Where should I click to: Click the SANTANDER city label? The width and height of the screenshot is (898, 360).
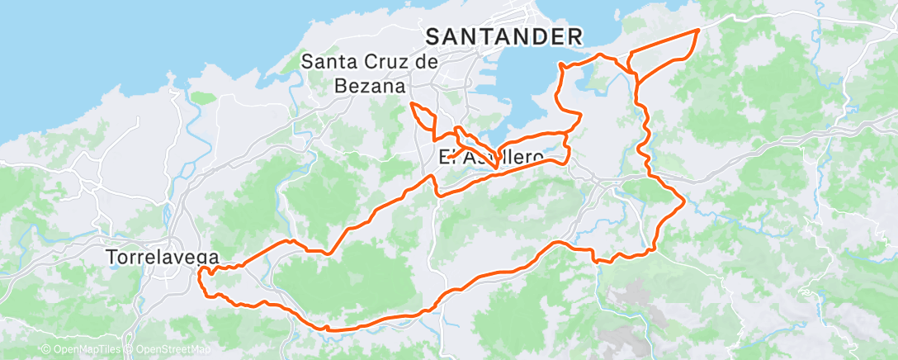tap(504, 36)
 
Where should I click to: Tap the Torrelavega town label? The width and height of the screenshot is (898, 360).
tap(162, 258)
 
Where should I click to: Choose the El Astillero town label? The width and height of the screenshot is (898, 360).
tap(491, 157)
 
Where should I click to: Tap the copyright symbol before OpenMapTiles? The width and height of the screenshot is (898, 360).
tap(46, 350)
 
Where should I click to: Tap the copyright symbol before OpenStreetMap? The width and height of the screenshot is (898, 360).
tap(130, 350)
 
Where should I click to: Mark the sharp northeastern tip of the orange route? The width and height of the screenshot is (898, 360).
tap(698, 30)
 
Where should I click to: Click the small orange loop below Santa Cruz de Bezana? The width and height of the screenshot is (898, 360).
tap(423, 118)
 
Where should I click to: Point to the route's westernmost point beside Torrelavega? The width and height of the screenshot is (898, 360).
tap(201, 278)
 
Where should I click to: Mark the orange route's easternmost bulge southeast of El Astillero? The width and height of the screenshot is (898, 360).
tap(685, 201)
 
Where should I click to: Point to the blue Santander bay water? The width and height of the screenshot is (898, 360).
tap(512, 91)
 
